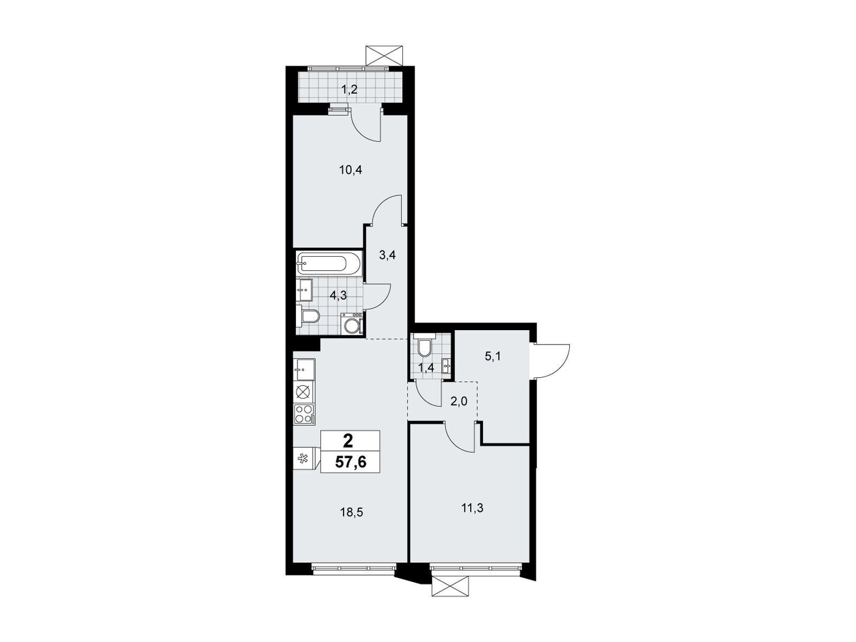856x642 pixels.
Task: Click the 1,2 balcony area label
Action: click(x=349, y=90)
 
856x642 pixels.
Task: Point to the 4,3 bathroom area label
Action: click(x=338, y=295)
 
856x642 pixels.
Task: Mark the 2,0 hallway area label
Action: click(x=458, y=401)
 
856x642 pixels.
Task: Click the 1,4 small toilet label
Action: click(x=425, y=368)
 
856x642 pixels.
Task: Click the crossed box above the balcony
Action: click(x=384, y=56)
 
